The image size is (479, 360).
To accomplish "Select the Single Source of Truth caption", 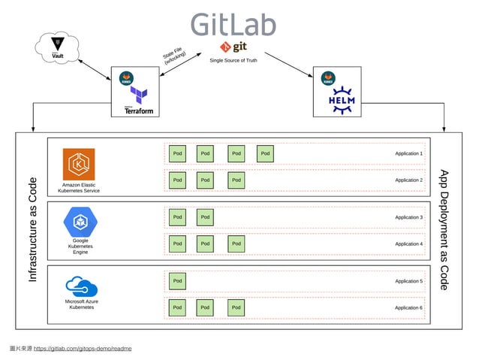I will coord(233,60).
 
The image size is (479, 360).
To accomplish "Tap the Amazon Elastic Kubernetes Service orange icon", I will coord(79,164).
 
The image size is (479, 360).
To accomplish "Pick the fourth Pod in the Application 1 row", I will coord(265,153).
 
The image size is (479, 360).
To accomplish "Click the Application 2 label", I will coord(408,180).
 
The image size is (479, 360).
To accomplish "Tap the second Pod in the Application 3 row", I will coord(206,217).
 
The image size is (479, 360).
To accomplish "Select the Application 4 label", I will coord(408,244).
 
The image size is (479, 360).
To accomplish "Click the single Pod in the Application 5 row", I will coord(177,281).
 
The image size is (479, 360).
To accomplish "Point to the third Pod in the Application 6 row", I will coord(236,307).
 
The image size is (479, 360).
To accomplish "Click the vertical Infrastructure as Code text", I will coord(32,230).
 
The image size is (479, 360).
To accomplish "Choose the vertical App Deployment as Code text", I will coord(444,230).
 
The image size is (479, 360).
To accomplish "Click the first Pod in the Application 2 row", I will coord(177,180).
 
